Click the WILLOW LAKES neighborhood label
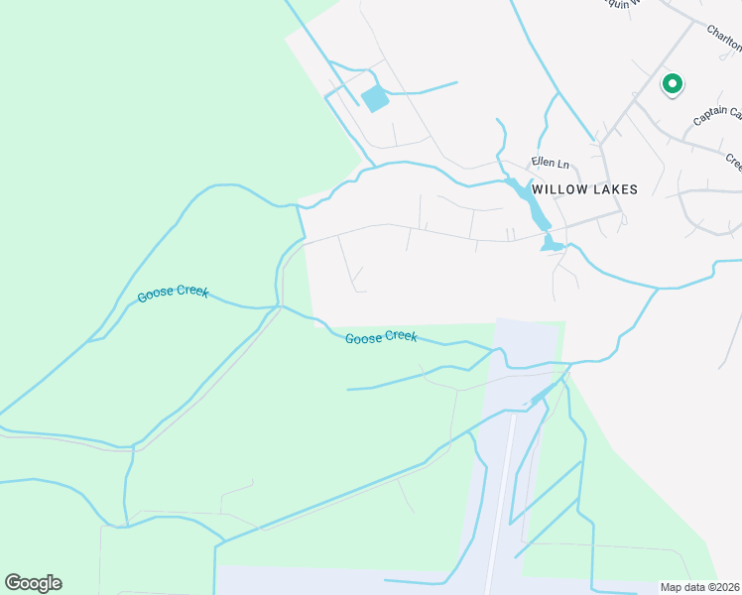[584, 188]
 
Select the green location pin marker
[672, 85]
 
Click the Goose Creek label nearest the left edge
[174, 293]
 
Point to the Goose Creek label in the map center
[381, 338]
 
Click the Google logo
[33, 583]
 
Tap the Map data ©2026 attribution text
[699, 587]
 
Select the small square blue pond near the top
[375, 98]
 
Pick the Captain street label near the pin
[716, 116]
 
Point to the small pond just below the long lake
[552, 244]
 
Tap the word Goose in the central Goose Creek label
[362, 339]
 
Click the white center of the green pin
[672, 83]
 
